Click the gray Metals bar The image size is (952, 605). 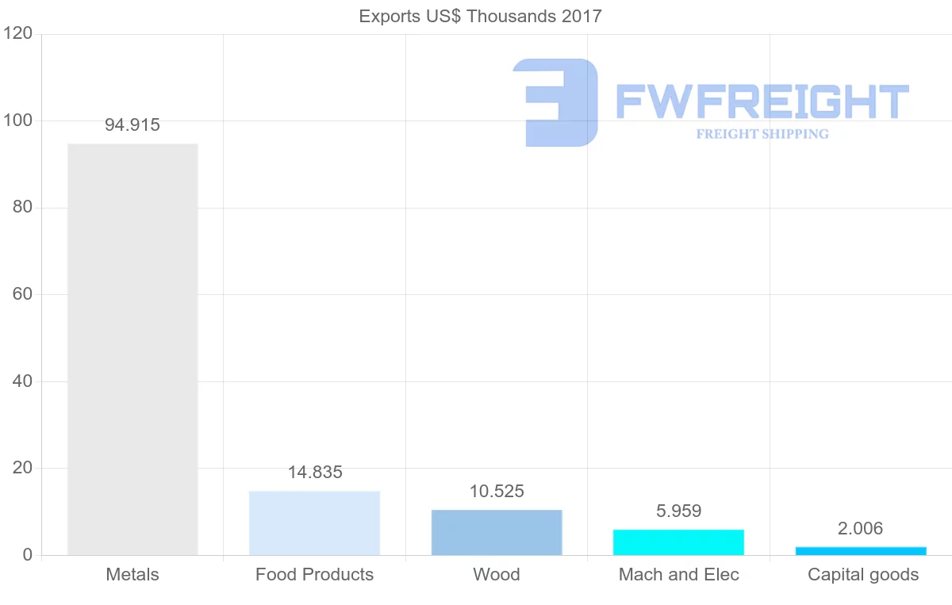pyautogui.click(x=132, y=349)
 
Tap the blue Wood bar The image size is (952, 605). pyautogui.click(x=497, y=532)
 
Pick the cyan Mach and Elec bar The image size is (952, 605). pyautogui.click(x=679, y=542)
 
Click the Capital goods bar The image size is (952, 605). pyautogui.click(x=861, y=550)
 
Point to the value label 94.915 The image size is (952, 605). pyautogui.click(x=132, y=124)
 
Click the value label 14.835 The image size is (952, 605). pyautogui.click(x=315, y=473)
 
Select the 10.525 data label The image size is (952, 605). pyautogui.click(x=497, y=492)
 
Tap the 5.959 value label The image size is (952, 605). pyautogui.click(x=679, y=511)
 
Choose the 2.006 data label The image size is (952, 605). pyautogui.click(x=861, y=529)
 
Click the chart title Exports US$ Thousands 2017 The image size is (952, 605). pyautogui.click(x=481, y=16)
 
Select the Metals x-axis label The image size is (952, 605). pyautogui.click(x=132, y=575)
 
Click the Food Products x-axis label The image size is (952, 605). pyautogui.click(x=314, y=575)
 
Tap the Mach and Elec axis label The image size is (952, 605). pyautogui.click(x=679, y=575)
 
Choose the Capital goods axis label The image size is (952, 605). pyautogui.click(x=863, y=575)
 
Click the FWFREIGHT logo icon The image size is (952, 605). pyautogui.click(x=555, y=102)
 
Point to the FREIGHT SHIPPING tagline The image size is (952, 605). pyautogui.click(x=762, y=134)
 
